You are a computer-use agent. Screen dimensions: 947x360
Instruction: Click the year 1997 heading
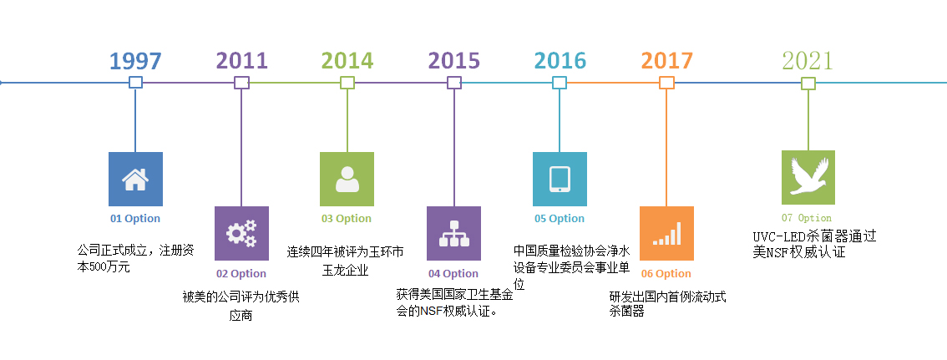135,61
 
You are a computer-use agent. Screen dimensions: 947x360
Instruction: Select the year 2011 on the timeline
241,61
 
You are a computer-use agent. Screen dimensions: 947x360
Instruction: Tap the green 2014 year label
347,61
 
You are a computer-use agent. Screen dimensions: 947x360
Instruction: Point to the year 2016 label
560,61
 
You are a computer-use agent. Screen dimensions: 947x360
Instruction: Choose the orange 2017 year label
666,61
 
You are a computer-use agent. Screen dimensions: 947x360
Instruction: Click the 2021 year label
808,61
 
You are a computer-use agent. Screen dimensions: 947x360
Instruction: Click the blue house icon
135,180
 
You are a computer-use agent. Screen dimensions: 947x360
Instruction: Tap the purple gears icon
241,234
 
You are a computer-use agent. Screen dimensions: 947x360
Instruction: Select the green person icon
347,180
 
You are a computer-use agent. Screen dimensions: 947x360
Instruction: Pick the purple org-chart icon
453,234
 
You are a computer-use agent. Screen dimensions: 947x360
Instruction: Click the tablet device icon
560,180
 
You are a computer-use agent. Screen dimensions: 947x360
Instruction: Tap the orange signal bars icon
666,234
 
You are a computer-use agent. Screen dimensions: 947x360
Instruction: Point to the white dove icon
808,178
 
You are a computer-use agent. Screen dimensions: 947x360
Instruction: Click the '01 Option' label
135,219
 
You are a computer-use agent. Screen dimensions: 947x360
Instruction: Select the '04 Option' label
453,274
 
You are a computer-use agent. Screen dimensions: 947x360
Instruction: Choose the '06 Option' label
666,274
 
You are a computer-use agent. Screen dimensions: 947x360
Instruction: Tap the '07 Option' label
806,218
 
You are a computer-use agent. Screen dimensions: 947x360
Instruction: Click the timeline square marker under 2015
454,83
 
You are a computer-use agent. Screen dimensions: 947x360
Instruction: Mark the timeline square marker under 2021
808,83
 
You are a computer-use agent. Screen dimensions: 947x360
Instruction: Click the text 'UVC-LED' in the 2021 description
779,236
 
